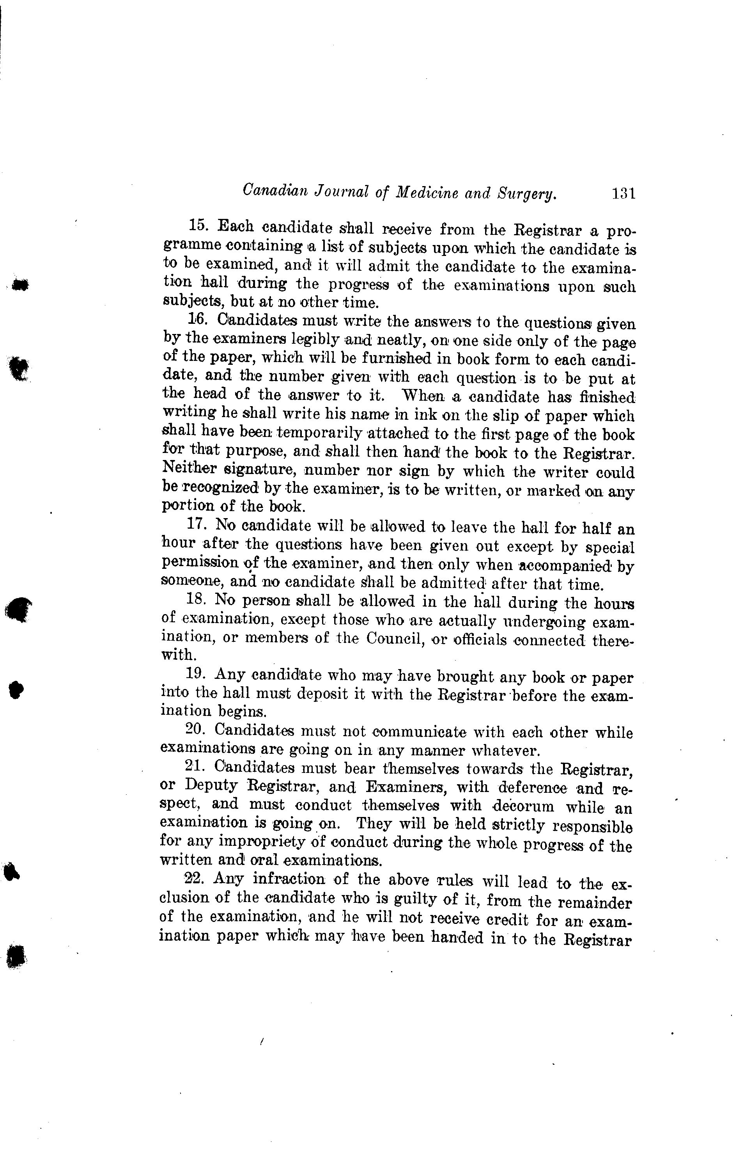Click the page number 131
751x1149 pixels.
[x=623, y=194]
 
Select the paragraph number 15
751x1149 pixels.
[x=198, y=226]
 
